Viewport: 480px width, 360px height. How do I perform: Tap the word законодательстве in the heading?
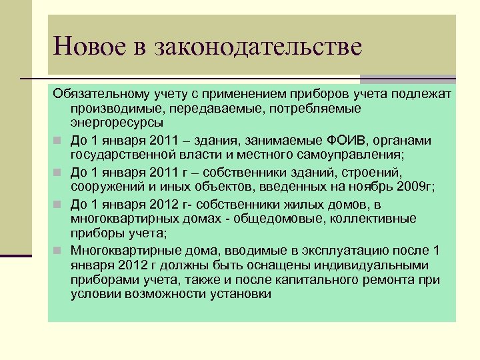(x=258, y=47)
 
